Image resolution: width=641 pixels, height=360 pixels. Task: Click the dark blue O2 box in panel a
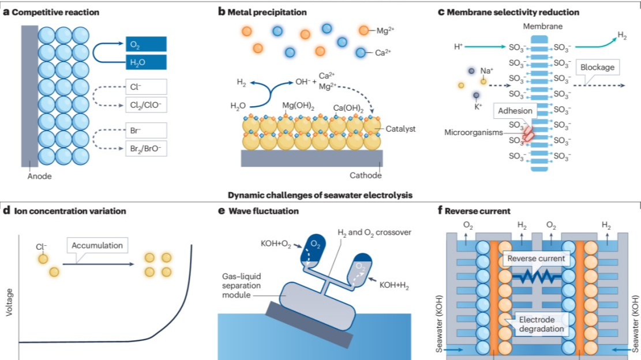click(x=146, y=44)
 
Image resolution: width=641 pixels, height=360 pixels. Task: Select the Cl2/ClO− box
click(x=146, y=104)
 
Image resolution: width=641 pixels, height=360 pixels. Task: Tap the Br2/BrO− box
click(x=146, y=148)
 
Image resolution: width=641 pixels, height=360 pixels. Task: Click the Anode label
click(x=40, y=176)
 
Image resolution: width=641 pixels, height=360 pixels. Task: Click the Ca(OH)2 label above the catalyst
click(x=353, y=108)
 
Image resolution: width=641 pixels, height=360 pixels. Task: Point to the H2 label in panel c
click(x=623, y=36)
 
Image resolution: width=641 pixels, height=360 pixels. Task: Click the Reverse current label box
click(x=537, y=259)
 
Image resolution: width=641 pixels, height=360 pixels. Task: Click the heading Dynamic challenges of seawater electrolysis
click(x=320, y=196)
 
